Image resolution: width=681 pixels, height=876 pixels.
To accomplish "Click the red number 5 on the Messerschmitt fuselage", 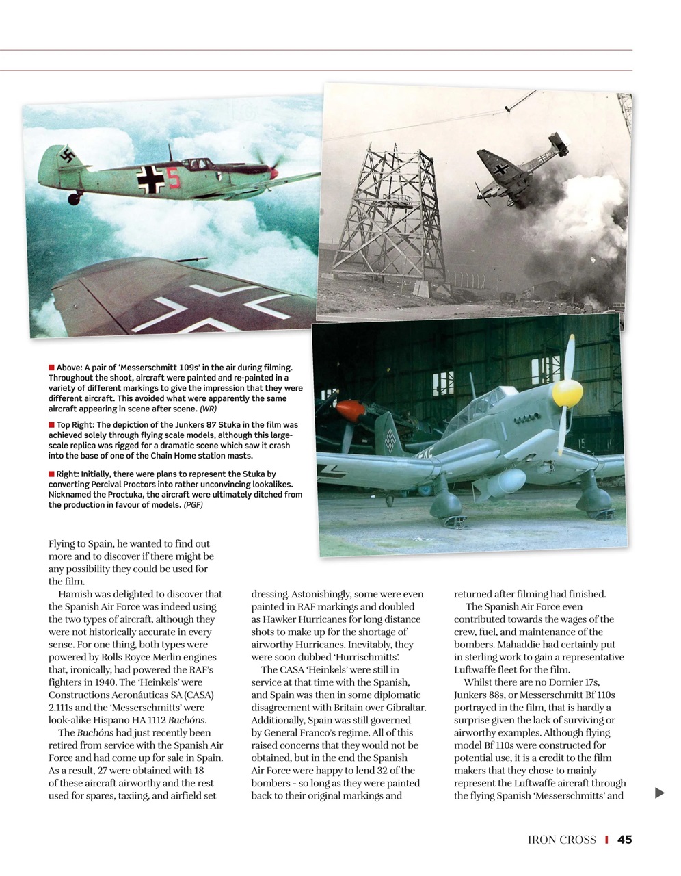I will pos(174,179).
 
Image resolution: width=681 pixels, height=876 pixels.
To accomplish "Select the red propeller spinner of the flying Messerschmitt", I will pos(273,173).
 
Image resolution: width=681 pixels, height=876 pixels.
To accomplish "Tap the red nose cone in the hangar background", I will pos(351,411).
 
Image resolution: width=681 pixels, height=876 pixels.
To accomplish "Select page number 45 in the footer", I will pos(624,839).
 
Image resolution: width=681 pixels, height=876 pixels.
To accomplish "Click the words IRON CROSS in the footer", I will pos(561,840).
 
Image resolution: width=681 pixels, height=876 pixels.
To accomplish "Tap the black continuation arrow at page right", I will pos(659,793).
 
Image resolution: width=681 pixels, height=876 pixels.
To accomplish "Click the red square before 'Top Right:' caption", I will pos(51,425).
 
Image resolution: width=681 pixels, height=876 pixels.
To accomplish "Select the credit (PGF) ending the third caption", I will pos(192,505).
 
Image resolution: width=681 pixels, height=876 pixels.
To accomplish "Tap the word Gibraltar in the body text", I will pos(403,707).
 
